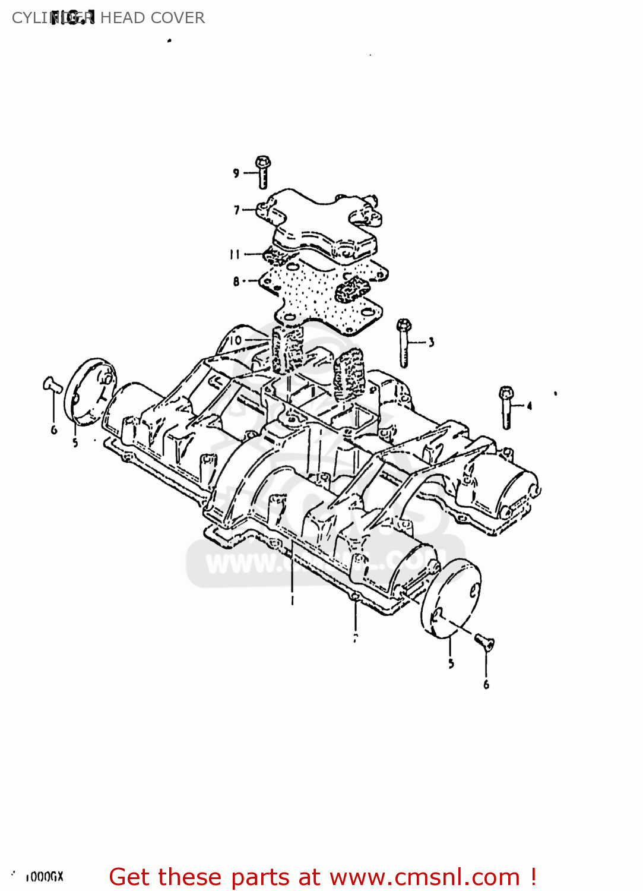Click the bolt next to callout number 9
click(x=263, y=172)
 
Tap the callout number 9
click(x=236, y=173)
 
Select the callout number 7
click(x=236, y=210)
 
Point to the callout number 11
click(x=235, y=254)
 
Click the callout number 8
click(x=236, y=282)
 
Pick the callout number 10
click(x=235, y=340)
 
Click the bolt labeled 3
click(x=404, y=343)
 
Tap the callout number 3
click(x=431, y=342)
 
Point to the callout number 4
click(x=529, y=406)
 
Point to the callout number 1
click(x=292, y=601)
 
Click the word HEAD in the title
click(x=122, y=18)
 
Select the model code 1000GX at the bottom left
click(x=45, y=877)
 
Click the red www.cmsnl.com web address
click(x=425, y=877)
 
